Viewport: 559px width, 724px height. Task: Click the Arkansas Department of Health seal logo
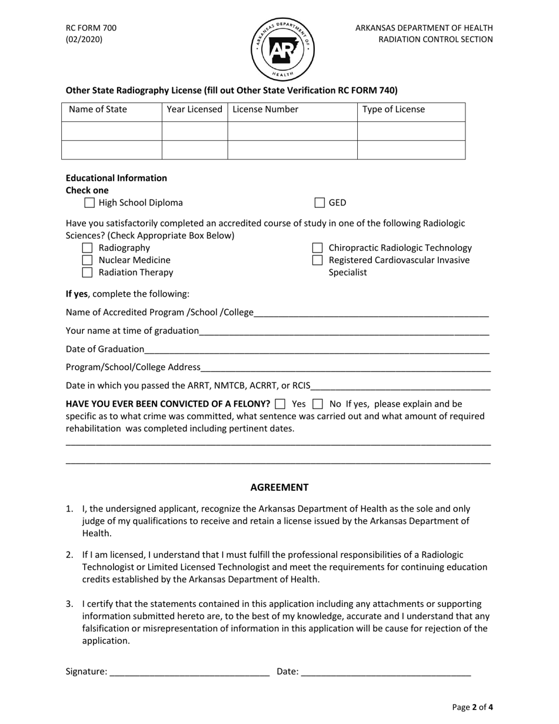click(283, 49)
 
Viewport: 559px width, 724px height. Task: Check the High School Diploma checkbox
click(89, 203)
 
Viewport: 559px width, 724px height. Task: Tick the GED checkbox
click(320, 203)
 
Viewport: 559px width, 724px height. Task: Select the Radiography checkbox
click(88, 248)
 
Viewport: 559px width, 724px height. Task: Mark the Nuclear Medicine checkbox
click(88, 260)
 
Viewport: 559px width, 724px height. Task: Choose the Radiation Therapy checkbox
click(88, 273)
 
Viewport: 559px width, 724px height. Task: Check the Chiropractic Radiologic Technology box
click(317, 248)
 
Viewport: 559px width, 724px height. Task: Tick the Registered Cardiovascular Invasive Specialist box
click(317, 260)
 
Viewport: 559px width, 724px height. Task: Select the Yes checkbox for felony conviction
click(281, 404)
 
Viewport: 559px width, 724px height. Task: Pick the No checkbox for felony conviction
click(318, 404)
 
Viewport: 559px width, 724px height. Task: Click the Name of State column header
click(98, 109)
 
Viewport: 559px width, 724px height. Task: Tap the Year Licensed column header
click(194, 109)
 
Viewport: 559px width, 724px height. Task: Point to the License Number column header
click(265, 109)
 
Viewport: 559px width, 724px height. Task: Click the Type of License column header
click(393, 109)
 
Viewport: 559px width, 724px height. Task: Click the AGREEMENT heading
click(279, 487)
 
